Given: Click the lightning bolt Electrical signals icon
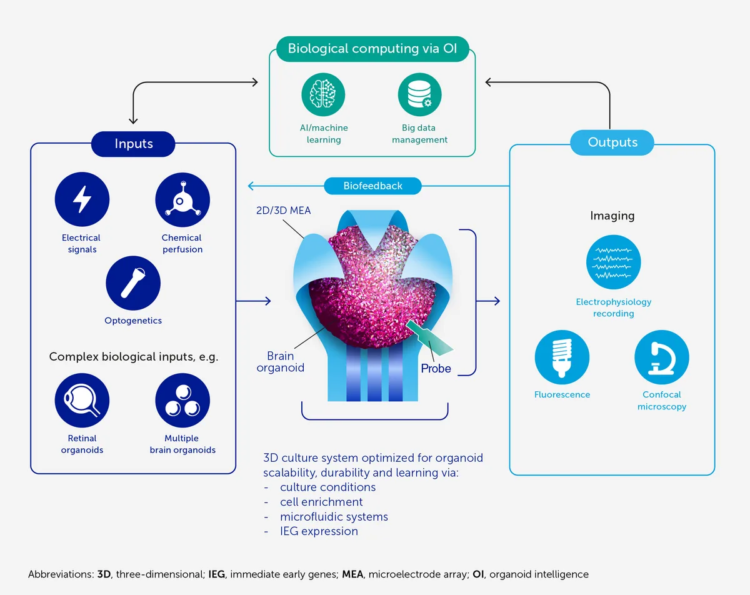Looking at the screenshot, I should [82, 199].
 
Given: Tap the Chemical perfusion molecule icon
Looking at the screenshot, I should [182, 199].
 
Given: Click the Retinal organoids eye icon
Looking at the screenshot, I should [82, 400].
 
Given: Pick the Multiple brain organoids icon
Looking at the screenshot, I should [182, 400].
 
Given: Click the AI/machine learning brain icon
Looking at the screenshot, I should [323, 94].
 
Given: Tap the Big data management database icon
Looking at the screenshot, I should [420, 94].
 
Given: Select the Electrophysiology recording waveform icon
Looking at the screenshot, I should [613, 262].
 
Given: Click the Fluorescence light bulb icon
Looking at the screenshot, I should [562, 357].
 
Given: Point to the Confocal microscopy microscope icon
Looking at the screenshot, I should [662, 357].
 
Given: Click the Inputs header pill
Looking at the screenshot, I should [134, 144].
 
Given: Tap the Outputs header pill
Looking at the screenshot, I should [612, 142].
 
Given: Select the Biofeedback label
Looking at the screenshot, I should [373, 186].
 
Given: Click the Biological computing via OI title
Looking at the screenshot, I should [372, 49].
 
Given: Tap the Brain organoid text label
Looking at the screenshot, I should [281, 362].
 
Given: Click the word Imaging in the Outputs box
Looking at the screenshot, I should [612, 216].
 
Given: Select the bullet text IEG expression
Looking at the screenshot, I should [319, 531].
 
